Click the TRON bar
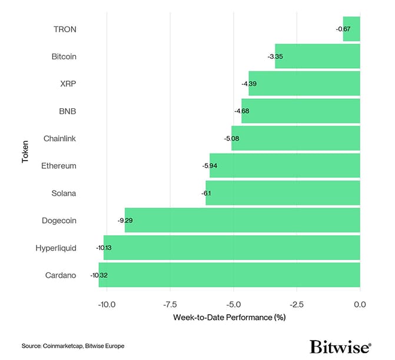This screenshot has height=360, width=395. pos(351,29)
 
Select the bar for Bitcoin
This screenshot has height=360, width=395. pos(317,56)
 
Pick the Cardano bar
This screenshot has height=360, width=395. pos(229,275)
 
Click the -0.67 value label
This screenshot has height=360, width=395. pos(343,29)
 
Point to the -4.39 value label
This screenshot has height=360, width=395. pos(248,84)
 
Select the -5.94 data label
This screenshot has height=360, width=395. pos(210,166)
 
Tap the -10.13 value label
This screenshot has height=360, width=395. pos(104,248)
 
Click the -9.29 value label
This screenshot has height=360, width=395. pos(126,221)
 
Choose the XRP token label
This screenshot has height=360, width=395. pos(68,84)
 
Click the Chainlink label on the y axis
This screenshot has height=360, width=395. pos(59,138)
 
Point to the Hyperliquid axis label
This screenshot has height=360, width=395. pos(56,248)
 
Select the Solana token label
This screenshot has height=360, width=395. pos(63,193)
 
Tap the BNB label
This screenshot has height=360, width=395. pos(68,111)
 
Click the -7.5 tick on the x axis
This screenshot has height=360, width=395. pos(170,304)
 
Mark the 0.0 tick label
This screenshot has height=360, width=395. pos(360,304)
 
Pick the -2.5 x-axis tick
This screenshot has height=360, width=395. pos(296,304)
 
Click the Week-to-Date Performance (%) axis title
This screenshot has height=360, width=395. pos(229,318)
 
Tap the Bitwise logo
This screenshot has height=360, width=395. pos(340,346)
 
